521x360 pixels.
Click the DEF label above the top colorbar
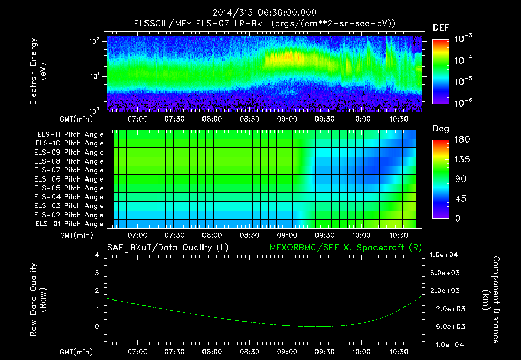coord(441,27)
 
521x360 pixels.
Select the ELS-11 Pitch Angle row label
coord(70,135)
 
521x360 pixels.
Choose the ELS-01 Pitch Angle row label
coord(70,224)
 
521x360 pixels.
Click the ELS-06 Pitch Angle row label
coord(70,179)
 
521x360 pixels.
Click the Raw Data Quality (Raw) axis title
coord(38,300)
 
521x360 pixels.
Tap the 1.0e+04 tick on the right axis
coord(445,255)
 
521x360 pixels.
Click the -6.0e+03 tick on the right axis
coord(445,327)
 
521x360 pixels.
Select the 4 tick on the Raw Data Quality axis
coord(97,255)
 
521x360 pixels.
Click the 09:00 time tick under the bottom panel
coord(286,351)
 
